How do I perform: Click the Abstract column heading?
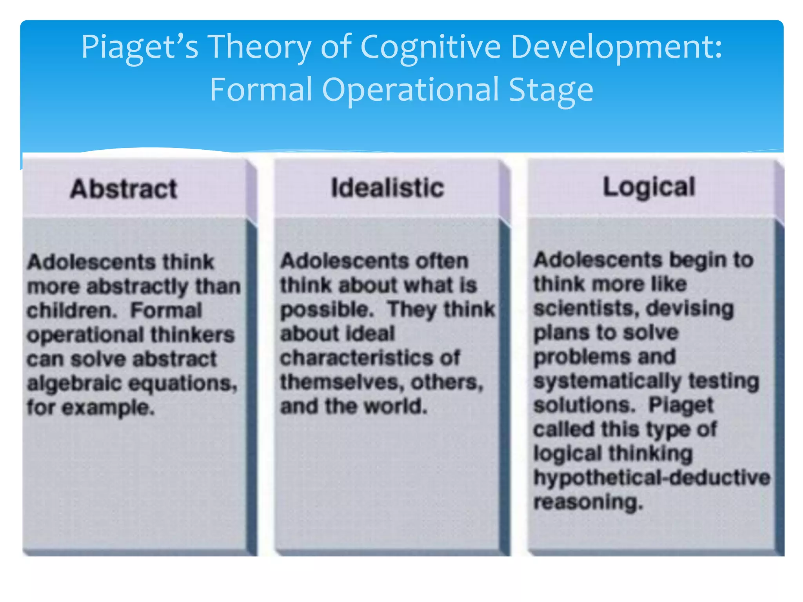[124, 189]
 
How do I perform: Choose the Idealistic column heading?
[387, 187]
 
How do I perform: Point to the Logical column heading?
[649, 187]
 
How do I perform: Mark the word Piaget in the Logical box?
[681, 405]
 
